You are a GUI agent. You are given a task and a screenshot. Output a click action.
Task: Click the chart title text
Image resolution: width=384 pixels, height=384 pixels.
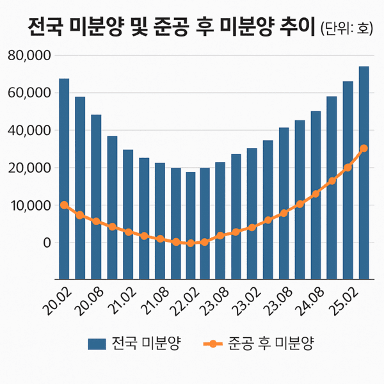pyautogui.click(x=173, y=28)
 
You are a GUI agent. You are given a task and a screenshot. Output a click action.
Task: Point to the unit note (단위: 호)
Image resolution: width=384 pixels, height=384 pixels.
pyautogui.click(x=349, y=29)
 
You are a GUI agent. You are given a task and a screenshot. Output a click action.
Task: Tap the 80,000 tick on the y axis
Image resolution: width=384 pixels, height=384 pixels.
pyautogui.click(x=29, y=56)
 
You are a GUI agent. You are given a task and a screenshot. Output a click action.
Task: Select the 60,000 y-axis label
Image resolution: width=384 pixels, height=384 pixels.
pyautogui.click(x=29, y=93)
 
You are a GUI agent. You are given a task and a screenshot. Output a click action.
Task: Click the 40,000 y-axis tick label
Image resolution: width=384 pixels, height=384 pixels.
pyautogui.click(x=29, y=131)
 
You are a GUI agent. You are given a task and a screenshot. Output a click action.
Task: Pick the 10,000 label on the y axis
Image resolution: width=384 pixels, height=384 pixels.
pyautogui.click(x=29, y=205)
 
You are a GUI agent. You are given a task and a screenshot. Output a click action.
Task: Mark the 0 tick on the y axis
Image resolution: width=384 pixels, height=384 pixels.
pyautogui.click(x=45, y=243)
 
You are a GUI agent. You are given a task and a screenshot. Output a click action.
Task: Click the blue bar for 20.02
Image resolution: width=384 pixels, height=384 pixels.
pyautogui.click(x=64, y=179)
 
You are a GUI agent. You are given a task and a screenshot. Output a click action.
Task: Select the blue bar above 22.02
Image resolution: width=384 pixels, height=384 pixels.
pyautogui.click(x=191, y=224)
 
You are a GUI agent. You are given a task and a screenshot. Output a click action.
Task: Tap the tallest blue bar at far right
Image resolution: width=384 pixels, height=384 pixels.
pyautogui.click(x=364, y=173)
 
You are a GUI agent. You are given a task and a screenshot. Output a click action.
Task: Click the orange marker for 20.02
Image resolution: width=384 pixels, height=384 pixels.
pyautogui.click(x=64, y=205)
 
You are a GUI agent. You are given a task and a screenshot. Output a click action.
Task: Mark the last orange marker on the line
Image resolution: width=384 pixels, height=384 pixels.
pyautogui.click(x=364, y=148)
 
